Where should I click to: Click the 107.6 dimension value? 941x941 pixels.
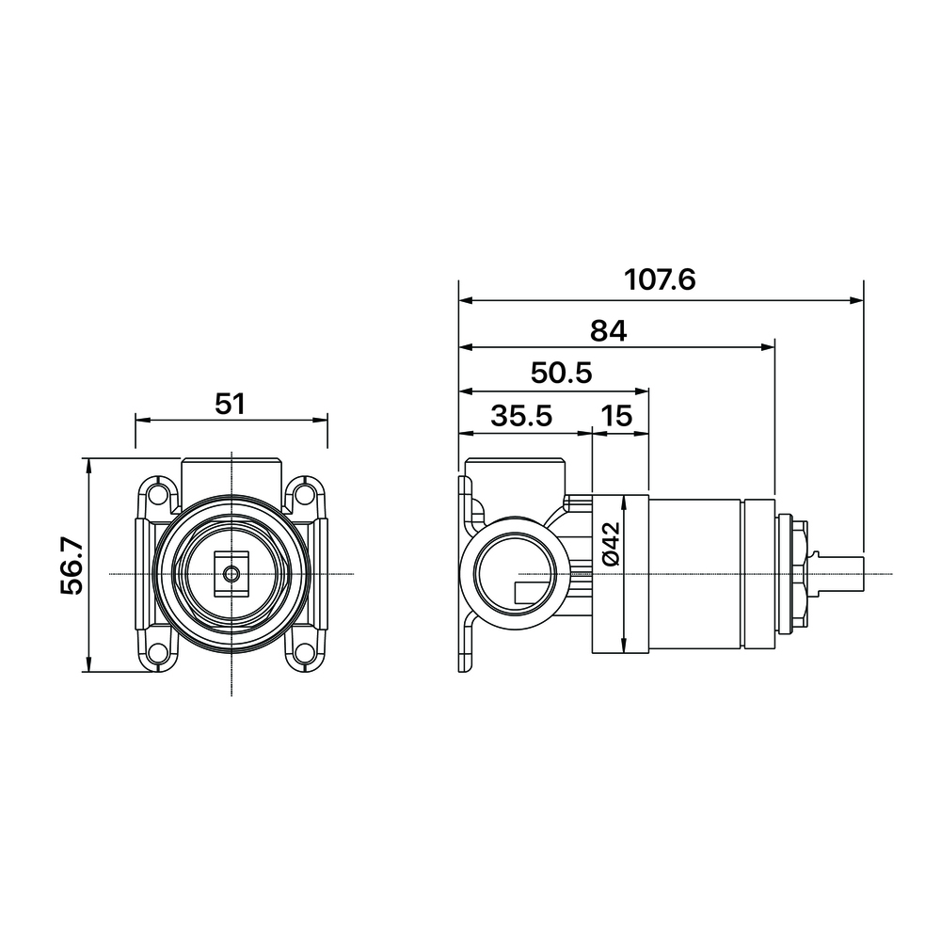[660, 280]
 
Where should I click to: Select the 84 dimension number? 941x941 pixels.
[608, 330]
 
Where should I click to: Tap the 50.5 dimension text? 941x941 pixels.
[561, 374]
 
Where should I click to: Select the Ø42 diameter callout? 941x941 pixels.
[610, 545]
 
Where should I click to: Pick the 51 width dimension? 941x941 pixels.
[230, 404]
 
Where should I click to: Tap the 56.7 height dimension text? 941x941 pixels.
[72, 566]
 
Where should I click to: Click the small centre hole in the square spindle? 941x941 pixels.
[231, 573]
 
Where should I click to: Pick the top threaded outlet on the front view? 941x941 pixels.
[231, 471]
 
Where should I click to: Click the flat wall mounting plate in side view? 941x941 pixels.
[464, 573]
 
